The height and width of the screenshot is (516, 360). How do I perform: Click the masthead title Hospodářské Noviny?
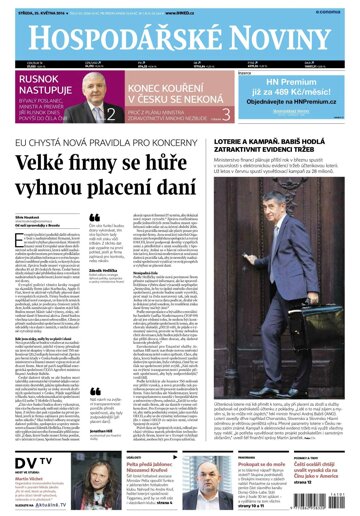[179, 36]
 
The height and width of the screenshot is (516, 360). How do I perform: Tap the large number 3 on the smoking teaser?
[227, 114]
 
